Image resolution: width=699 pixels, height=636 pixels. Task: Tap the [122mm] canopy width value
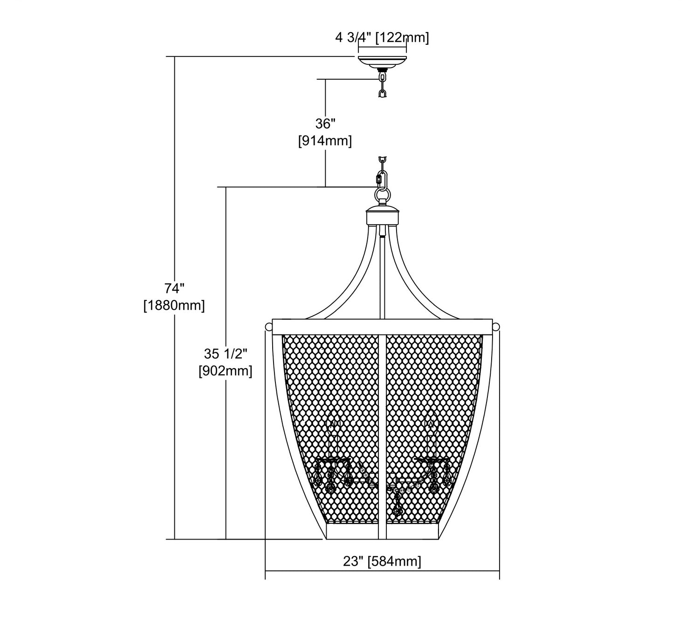click(x=402, y=38)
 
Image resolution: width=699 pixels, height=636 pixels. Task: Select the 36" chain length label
click(x=325, y=124)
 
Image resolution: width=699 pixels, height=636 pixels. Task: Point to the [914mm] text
click(x=325, y=140)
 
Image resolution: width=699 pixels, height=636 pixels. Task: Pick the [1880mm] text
click(x=174, y=306)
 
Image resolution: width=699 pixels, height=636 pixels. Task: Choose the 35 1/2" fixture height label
click(x=226, y=354)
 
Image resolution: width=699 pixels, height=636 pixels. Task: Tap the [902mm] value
click(x=226, y=371)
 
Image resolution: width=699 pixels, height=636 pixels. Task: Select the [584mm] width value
click(x=394, y=561)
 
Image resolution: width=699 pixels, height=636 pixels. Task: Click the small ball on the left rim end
click(x=268, y=325)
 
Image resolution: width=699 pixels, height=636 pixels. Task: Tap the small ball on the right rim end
click(x=496, y=325)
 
